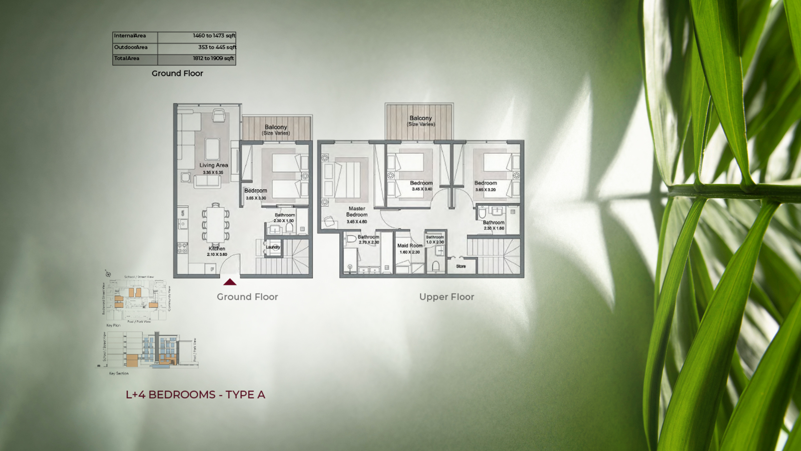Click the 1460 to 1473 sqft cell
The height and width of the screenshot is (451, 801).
pos(214,36)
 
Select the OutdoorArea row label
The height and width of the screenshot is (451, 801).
pos(131,47)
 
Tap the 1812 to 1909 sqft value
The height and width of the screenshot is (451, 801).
pos(213,58)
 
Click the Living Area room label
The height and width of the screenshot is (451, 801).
pos(214,165)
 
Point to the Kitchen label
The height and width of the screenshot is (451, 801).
pos(217,248)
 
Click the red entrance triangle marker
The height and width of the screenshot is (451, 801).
pos(230,282)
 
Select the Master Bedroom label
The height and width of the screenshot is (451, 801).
pos(357,211)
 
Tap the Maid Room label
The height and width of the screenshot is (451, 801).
pos(410,246)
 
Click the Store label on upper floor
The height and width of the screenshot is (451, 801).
pos(461,266)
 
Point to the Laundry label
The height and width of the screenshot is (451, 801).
pos(273,247)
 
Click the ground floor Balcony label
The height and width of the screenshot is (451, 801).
pos(276,127)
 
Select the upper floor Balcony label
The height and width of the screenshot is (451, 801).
pos(421,118)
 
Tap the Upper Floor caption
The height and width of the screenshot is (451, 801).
pos(446,297)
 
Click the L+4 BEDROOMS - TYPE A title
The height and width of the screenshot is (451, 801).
pos(195,395)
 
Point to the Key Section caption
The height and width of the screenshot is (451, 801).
pos(119,373)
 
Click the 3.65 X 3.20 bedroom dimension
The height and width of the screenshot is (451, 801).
pos(486,190)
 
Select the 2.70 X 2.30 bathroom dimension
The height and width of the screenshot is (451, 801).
pos(369,242)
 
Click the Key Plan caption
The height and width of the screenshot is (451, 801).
pos(113,325)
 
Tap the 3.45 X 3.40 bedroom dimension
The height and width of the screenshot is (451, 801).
pos(422,189)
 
